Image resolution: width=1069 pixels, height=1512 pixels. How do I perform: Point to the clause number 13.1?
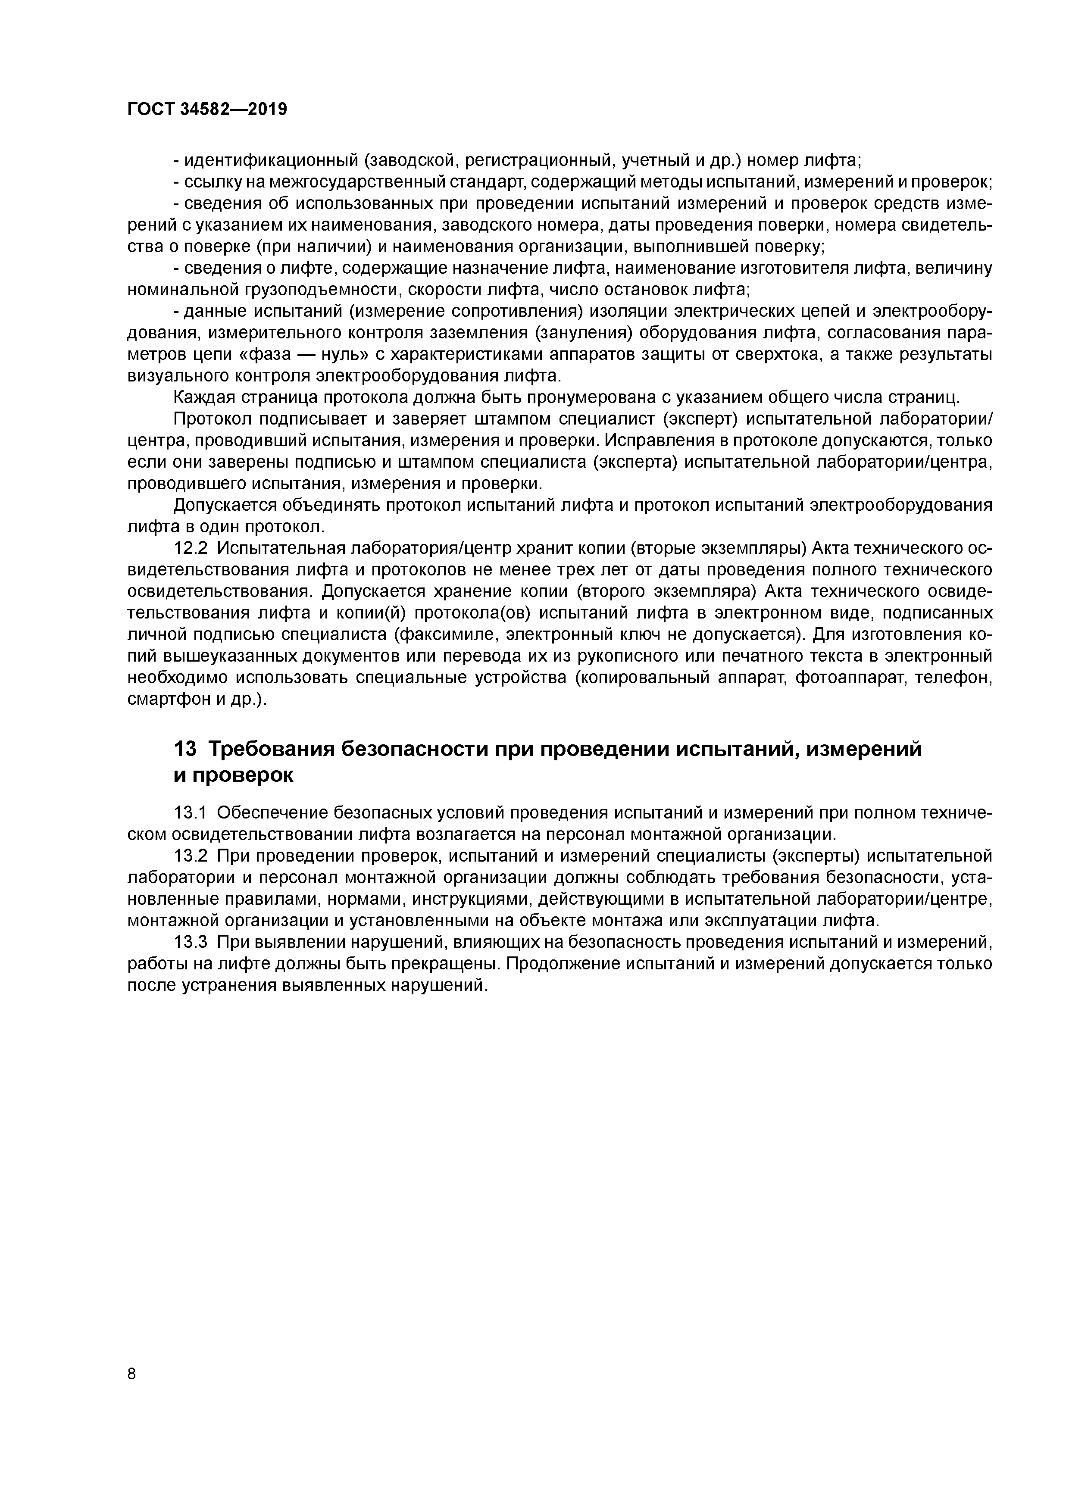click(x=191, y=812)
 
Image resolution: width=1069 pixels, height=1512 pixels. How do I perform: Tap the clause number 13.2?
click(x=191, y=856)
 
